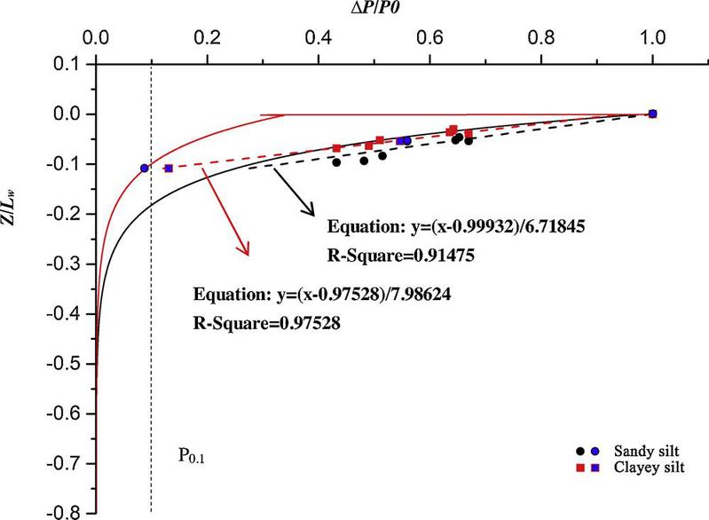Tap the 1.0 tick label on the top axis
click(653, 39)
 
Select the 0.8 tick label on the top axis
click(542, 39)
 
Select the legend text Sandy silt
click(645, 450)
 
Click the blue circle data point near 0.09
click(144, 168)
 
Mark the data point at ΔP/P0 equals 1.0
click(653, 114)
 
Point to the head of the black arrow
click(311, 213)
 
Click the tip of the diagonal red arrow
click(248, 256)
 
